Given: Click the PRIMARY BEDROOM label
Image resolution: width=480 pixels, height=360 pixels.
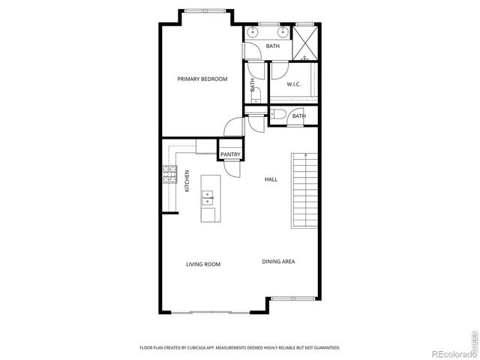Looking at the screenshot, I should (x=202, y=79).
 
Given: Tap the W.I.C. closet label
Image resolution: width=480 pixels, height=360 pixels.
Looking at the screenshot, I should (x=294, y=84).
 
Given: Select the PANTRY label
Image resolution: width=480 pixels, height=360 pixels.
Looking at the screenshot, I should (x=229, y=154).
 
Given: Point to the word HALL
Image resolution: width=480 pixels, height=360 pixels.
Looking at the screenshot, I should (x=271, y=179).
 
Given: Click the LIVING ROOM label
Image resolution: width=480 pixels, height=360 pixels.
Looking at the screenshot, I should (x=202, y=264).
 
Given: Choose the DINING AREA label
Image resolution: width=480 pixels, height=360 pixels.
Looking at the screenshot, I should (x=277, y=261).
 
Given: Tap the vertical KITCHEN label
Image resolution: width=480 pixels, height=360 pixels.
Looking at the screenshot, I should (x=187, y=181).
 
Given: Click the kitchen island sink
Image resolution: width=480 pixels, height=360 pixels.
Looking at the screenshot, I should (x=208, y=199).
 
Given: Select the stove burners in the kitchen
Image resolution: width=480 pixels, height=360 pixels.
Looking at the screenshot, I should (x=168, y=175).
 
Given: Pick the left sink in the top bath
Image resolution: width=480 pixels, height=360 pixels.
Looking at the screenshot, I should (x=253, y=33).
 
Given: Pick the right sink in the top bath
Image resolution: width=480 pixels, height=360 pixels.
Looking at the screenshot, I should (x=283, y=33).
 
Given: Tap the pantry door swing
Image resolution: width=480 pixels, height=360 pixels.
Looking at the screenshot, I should (x=232, y=168).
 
